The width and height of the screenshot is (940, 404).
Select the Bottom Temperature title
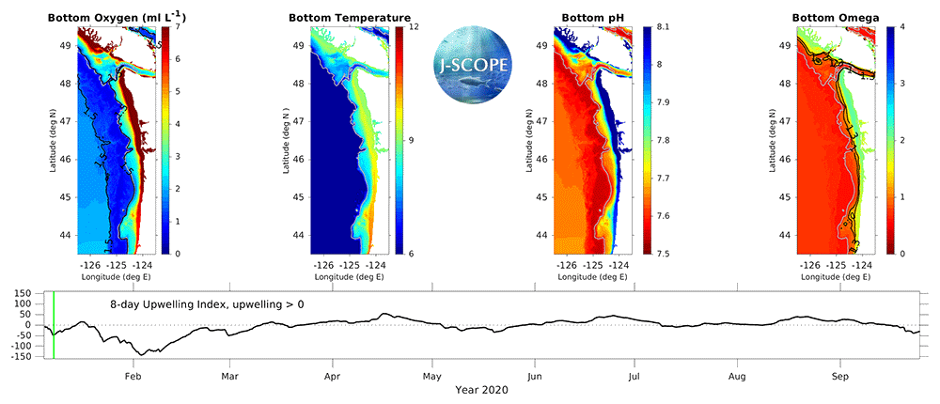click(x=349, y=17)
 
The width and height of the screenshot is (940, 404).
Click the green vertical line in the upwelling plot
click(x=54, y=325)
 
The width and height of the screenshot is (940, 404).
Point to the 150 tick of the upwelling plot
click(x=22, y=293)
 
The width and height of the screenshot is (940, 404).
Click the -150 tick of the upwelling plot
click(x=20, y=357)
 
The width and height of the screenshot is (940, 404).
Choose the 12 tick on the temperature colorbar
click(x=413, y=27)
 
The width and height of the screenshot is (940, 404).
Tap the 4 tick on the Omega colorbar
click(x=901, y=27)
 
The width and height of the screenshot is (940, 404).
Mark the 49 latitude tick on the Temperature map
click(x=296, y=45)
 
